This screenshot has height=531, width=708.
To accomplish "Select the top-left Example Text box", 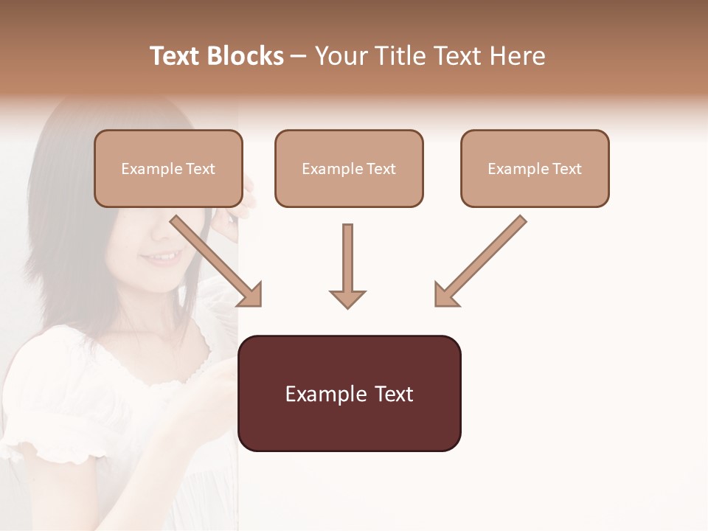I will click(168, 168).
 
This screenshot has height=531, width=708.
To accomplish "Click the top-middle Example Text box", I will click(349, 168).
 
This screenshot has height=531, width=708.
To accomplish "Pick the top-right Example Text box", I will click(535, 168).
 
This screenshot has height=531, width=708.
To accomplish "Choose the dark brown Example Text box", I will click(350, 393).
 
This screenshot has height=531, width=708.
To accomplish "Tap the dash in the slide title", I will click(299, 56).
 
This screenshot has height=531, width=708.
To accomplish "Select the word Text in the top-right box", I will click(566, 169).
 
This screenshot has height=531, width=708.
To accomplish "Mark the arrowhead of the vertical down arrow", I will click(347, 298).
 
